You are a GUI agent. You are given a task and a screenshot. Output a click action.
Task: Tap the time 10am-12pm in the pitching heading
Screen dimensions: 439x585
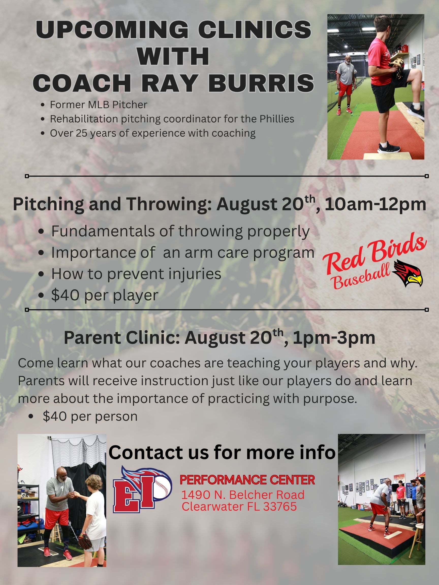[375, 205]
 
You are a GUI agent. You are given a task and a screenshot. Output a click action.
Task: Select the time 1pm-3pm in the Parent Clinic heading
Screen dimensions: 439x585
[334, 338]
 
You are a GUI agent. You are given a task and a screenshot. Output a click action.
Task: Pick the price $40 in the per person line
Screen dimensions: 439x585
[55, 416]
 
